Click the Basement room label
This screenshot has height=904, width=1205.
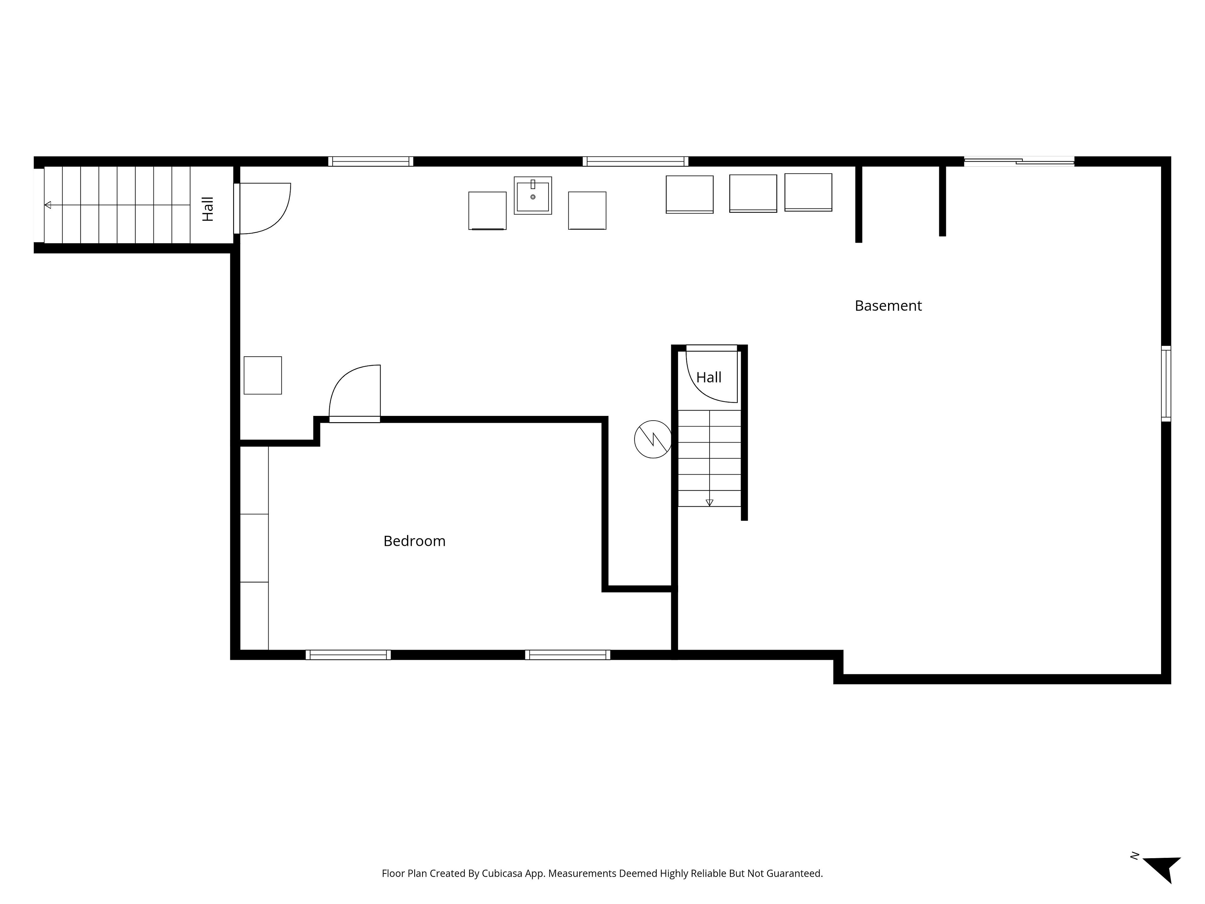[x=888, y=306]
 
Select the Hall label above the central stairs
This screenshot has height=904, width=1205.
[x=709, y=377]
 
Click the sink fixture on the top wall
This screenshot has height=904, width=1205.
[x=533, y=195]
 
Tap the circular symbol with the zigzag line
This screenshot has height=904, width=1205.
[x=653, y=439]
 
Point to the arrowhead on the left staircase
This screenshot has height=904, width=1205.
[x=48, y=205]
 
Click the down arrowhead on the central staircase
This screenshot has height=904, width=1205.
[x=709, y=503]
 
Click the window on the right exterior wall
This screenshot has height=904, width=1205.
[x=1166, y=384]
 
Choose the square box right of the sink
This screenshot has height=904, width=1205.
[x=587, y=210]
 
